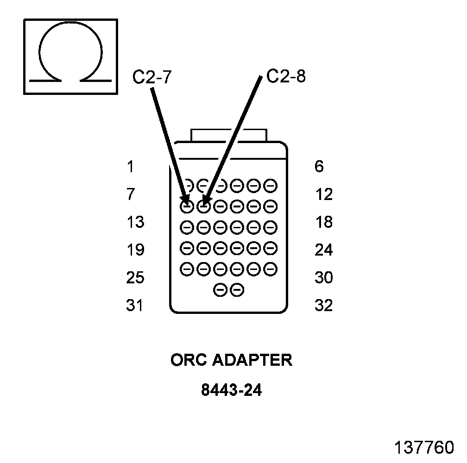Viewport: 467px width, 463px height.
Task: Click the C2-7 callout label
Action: pos(152,77)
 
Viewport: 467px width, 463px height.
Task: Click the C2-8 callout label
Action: pos(286,76)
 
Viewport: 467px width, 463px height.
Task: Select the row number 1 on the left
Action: pos(130,167)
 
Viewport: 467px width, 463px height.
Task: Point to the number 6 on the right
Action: pos(319,167)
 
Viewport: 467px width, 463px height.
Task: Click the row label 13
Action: pos(135,222)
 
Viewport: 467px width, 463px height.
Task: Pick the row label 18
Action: pos(324,222)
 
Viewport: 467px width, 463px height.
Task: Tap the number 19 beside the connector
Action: pos(135,250)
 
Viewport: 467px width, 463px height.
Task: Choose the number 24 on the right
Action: pos(324,250)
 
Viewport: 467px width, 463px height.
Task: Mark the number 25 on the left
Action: pos(135,278)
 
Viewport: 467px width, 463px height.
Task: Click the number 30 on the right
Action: pos(324,278)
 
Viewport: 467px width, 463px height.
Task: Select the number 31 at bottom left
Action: pos(135,306)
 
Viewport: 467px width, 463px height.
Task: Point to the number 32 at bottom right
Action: pos(324,306)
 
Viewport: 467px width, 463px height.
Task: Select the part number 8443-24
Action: pos(232,390)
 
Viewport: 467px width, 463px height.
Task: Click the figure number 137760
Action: pos(424,448)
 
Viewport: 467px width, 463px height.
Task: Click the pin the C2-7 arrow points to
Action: pos(187,206)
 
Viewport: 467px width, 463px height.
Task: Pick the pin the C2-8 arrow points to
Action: pos(203,206)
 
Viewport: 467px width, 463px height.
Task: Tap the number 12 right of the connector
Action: pos(324,194)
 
